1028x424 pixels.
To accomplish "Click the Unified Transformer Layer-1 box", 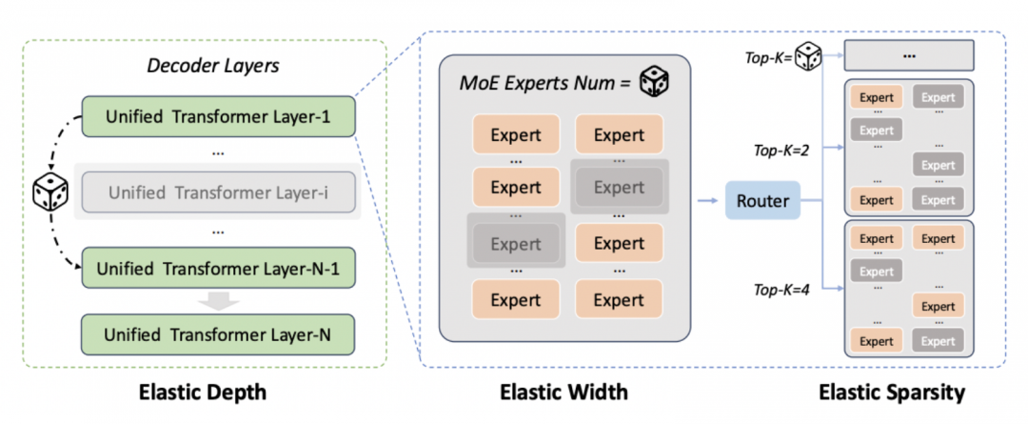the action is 218,117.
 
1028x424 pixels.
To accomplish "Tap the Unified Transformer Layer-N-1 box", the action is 218,268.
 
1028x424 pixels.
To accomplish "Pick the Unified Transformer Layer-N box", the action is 218,334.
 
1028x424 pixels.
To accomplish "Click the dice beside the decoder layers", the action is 49,192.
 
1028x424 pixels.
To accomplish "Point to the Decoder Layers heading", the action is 213,66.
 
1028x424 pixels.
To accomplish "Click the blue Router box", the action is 762,200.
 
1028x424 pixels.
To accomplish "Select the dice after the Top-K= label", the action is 808,58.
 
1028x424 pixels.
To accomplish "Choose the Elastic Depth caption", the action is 204,393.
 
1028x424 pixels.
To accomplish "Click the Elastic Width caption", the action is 563,393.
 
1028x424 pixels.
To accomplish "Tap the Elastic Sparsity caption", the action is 892,393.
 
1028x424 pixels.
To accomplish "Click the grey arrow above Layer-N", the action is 219,300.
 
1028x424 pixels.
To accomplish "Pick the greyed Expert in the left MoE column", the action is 516,244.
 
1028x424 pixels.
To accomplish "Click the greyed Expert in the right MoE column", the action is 619,187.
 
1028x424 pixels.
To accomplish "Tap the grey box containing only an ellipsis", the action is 909,56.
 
